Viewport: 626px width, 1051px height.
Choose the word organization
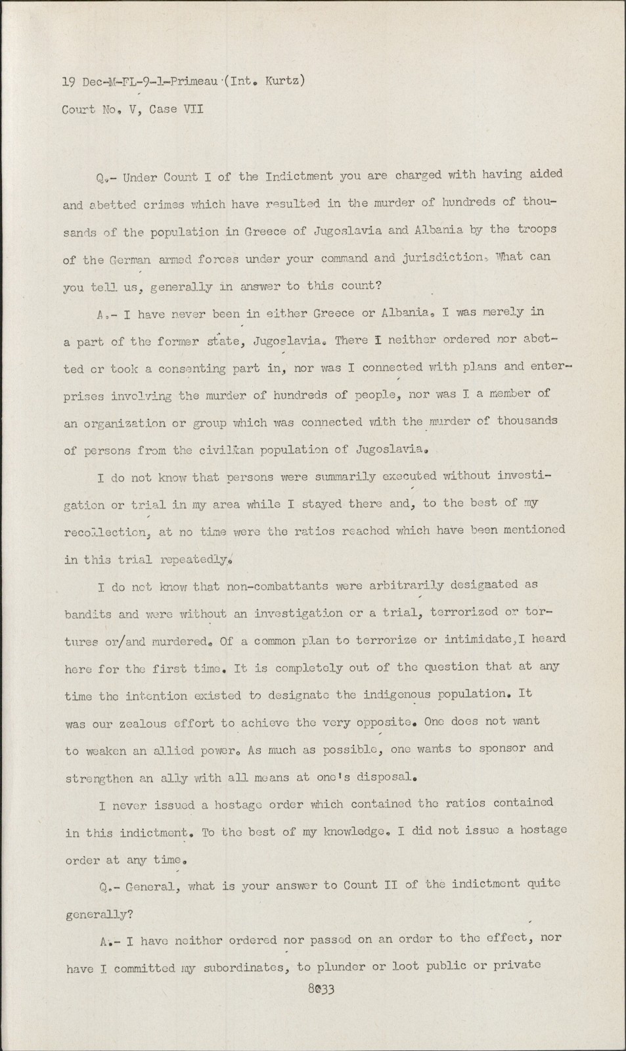pos(124,423)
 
